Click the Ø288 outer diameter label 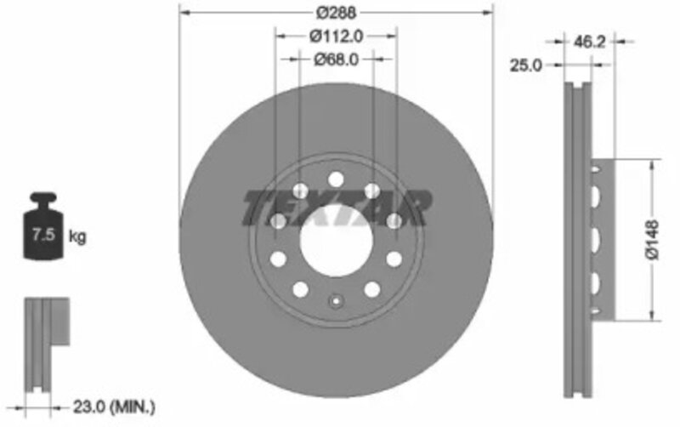pyautogui.click(x=336, y=13)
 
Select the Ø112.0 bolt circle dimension pyautogui.click(x=336, y=37)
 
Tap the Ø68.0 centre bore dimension pyautogui.click(x=336, y=60)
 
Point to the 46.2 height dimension pyautogui.click(x=589, y=42)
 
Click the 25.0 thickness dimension pyautogui.click(x=525, y=65)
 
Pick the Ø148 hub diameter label pyautogui.click(x=652, y=240)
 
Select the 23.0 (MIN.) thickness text pyautogui.click(x=114, y=407)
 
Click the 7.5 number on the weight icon pyautogui.click(x=43, y=235)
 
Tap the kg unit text pyautogui.click(x=77, y=237)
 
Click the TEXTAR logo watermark pyautogui.click(x=337, y=208)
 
